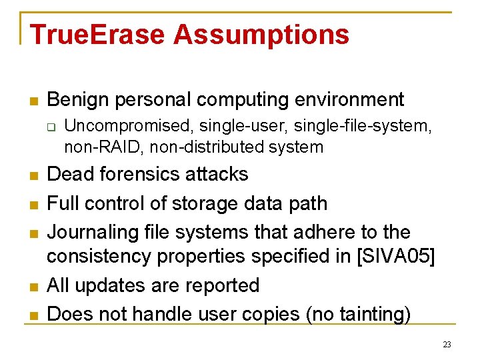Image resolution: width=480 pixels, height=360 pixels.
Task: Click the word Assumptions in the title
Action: pos(261,35)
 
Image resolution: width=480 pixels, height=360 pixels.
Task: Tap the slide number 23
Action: pos(447,345)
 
